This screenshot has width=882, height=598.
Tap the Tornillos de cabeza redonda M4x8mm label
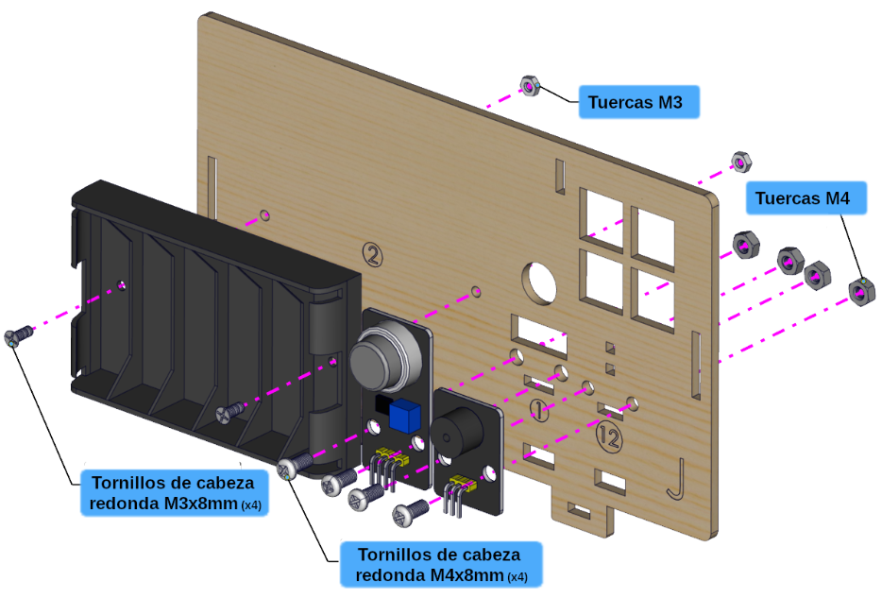pyautogui.click(x=440, y=564)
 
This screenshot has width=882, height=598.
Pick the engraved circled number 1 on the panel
pyautogui.click(x=537, y=410)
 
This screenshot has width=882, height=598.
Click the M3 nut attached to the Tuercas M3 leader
pyautogui.click(x=530, y=87)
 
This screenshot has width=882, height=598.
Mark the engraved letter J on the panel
pyautogui.click(x=673, y=479)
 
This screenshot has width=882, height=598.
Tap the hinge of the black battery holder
pyautogui.click(x=327, y=378)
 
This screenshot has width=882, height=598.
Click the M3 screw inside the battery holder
pyautogui.click(x=230, y=410)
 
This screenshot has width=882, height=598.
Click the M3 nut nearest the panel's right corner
pyautogui.click(x=740, y=160)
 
